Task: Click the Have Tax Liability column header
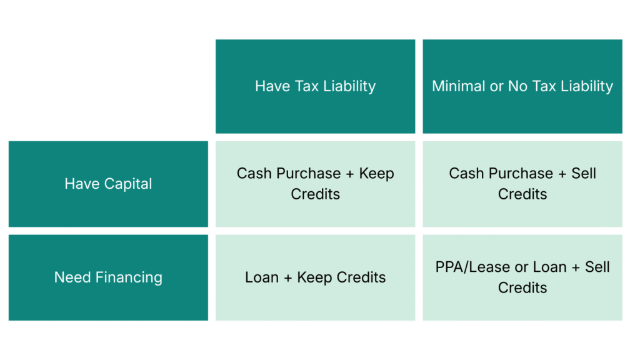(x=315, y=86)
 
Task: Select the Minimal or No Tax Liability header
(x=522, y=86)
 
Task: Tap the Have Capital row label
(x=108, y=184)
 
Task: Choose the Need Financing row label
(x=108, y=277)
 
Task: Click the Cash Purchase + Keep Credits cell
(x=315, y=184)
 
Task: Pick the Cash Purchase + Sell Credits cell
(x=522, y=184)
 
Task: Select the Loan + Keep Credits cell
(x=315, y=277)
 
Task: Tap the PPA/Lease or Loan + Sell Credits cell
(x=522, y=277)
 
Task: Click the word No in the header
(x=517, y=86)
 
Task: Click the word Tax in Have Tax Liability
(x=302, y=86)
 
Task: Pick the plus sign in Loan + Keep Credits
(x=287, y=277)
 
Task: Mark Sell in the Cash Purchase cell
(x=584, y=173)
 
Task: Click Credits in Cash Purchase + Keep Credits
(x=315, y=194)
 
